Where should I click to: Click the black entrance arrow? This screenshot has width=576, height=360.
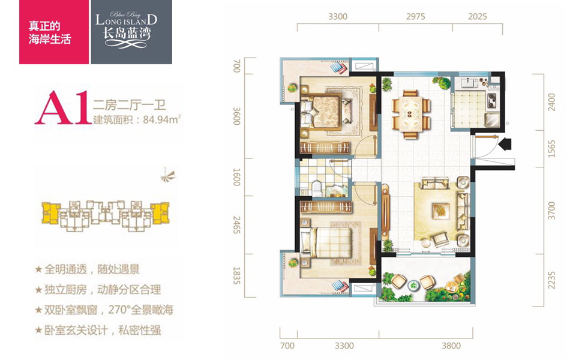point(505,143)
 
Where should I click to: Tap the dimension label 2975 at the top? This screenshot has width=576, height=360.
point(415,17)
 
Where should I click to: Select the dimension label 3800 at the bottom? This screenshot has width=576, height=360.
point(451,346)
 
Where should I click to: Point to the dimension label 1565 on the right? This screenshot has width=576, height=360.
point(551,149)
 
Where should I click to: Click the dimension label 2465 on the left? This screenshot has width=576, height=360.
point(237,225)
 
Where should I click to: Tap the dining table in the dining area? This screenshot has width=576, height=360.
point(411,114)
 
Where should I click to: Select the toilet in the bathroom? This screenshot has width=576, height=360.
point(317,188)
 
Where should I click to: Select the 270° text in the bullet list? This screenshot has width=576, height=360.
point(121,310)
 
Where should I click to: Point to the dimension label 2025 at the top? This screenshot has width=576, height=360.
point(477,17)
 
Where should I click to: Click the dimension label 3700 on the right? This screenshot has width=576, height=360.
point(551,211)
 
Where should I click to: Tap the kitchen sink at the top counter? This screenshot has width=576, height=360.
point(469,83)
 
